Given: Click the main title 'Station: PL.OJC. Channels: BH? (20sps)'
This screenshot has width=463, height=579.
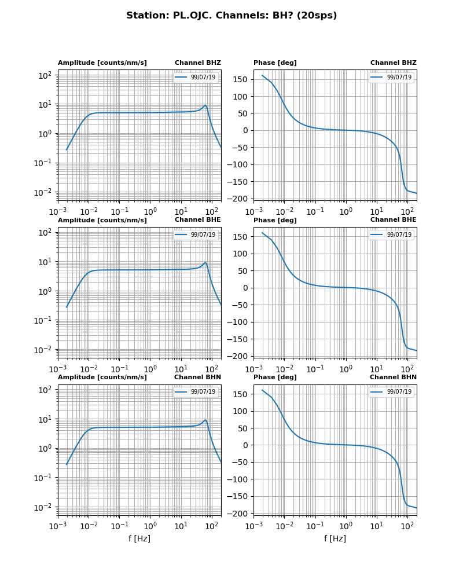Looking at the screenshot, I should click(x=231, y=16).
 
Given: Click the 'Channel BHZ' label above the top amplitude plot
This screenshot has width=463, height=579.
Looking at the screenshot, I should click(x=198, y=63).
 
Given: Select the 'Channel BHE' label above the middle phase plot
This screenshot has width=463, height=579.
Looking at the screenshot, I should click(x=393, y=220).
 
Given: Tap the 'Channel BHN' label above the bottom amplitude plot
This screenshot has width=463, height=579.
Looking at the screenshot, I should click(x=197, y=378).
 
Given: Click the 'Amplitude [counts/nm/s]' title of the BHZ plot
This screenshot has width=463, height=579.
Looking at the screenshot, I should click(x=102, y=63).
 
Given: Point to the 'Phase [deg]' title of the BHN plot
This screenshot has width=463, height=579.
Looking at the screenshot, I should click(x=275, y=378).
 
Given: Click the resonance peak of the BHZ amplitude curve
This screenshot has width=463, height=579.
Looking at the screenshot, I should click(x=205, y=105).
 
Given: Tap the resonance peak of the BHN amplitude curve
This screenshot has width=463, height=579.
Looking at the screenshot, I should click(x=205, y=420).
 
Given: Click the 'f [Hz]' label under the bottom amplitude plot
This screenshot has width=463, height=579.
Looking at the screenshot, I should click(x=139, y=538).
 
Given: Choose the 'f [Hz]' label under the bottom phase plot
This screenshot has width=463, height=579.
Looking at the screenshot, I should click(x=335, y=538).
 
